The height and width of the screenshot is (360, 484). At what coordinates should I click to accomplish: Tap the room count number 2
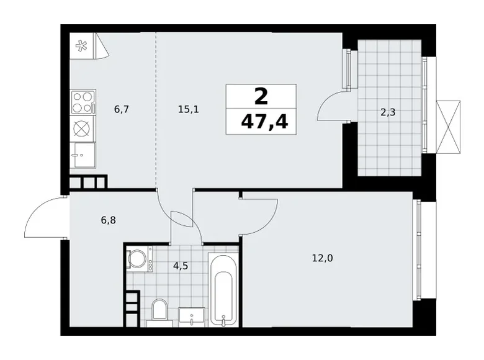point(261,96)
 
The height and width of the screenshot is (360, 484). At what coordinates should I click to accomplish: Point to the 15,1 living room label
point(187,109)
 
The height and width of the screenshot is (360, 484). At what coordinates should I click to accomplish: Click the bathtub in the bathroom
point(222,289)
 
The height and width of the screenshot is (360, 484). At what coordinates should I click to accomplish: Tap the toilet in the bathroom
point(159,311)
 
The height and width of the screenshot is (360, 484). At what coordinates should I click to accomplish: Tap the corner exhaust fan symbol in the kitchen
point(82,45)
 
